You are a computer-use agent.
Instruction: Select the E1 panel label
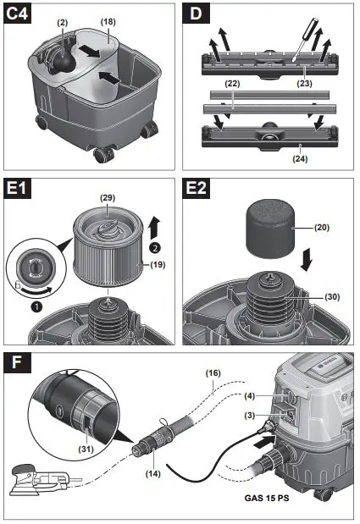(19, 189)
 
